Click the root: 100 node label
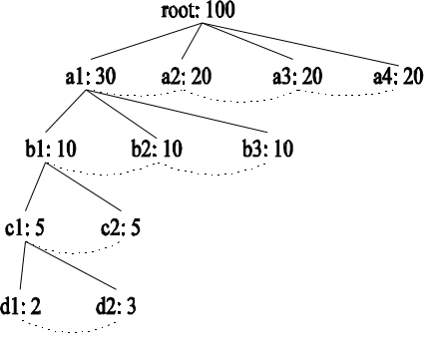[x=199, y=10]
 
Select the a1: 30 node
[x=91, y=76]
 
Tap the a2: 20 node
[x=187, y=76]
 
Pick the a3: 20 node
[x=297, y=76]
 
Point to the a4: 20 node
[x=398, y=76]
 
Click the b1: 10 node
[x=51, y=149]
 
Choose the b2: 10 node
[x=157, y=149]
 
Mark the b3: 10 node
[x=267, y=149]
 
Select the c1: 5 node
[x=25, y=228]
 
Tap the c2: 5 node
[x=121, y=228]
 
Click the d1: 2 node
[x=21, y=306]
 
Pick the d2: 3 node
[x=116, y=306]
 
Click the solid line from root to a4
[x=299, y=44]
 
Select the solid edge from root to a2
[x=192, y=41]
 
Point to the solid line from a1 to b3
[x=177, y=111]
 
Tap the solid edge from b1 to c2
[x=84, y=186]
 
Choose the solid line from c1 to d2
[x=72, y=265]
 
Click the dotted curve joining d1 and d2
[x=69, y=331]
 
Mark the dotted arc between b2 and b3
[x=213, y=174]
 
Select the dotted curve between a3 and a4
[x=346, y=95]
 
